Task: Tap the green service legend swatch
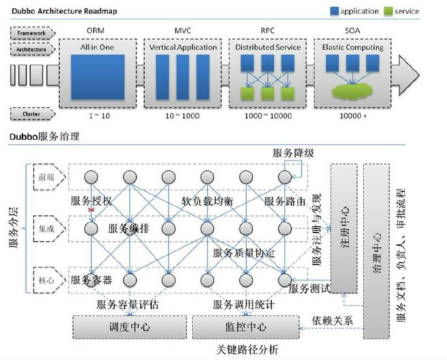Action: click(389, 11)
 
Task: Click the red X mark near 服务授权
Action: click(93, 210)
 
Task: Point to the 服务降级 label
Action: click(293, 153)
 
